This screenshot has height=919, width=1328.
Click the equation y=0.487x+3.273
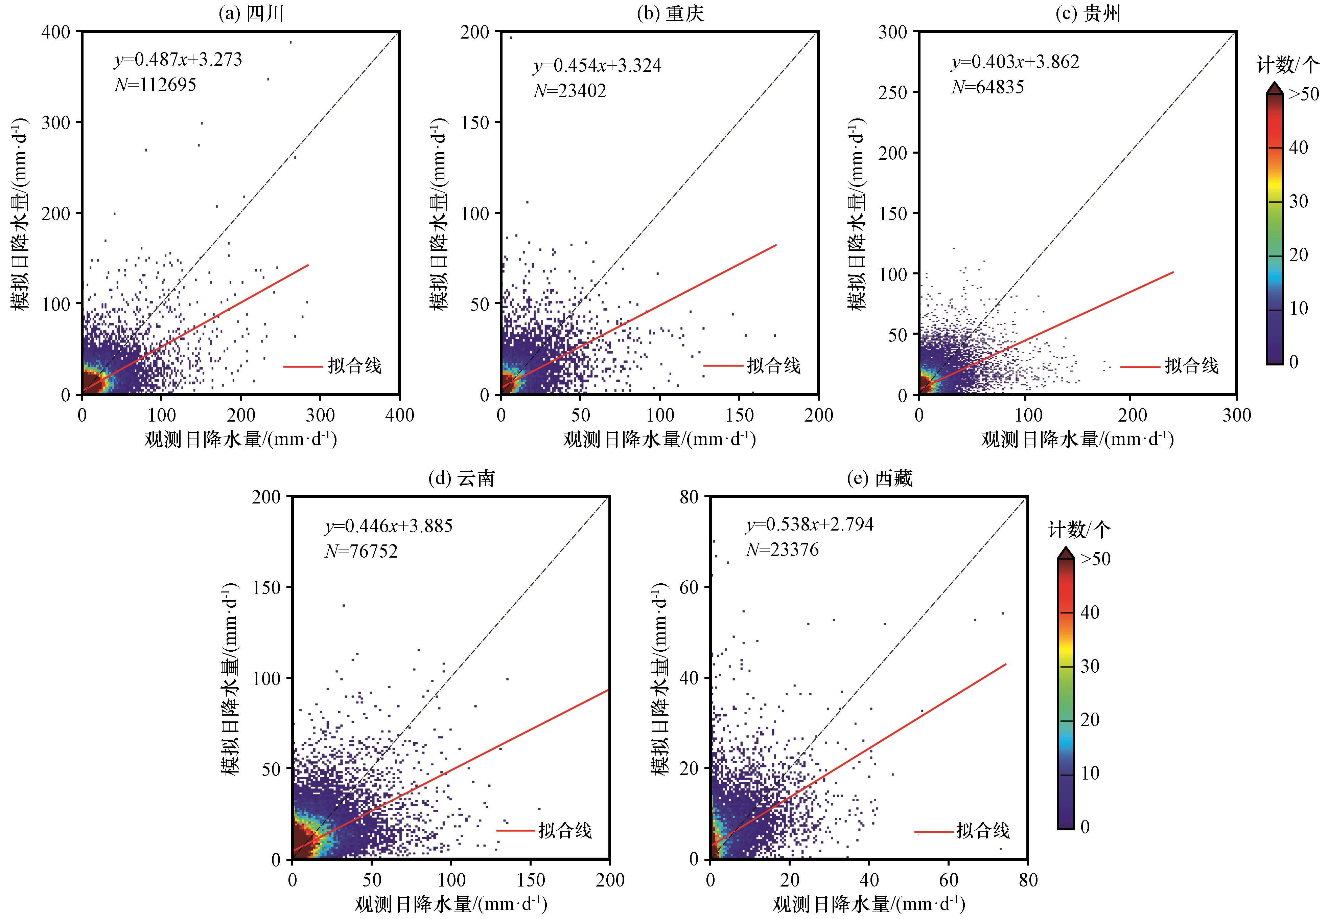tap(178, 59)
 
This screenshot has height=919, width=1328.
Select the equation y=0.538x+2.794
tap(810, 524)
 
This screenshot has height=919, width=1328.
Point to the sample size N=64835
tap(987, 87)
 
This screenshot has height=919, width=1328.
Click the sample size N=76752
tap(361, 551)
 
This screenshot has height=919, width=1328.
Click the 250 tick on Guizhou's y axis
tap(892, 92)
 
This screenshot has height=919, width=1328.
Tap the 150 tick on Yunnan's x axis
tap(531, 880)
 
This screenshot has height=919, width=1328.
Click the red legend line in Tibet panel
tap(934, 831)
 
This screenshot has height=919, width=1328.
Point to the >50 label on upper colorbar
tap(1303, 94)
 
